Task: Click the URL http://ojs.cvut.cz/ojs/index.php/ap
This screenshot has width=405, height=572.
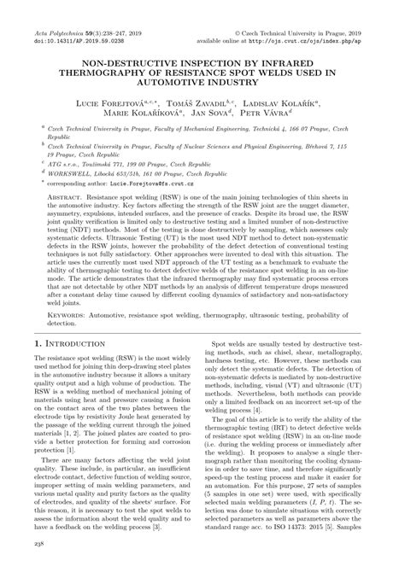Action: (x=317, y=17)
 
